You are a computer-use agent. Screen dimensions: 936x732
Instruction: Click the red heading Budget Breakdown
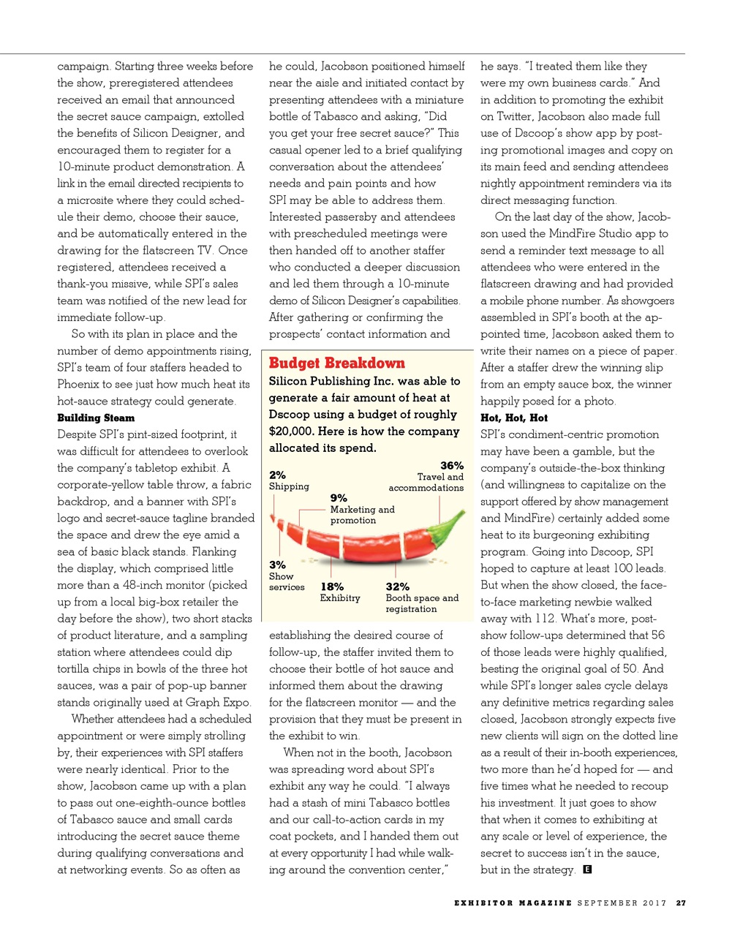(336, 363)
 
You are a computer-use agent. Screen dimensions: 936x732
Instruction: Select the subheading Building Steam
(96, 418)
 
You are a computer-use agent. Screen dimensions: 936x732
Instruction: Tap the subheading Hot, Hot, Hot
(513, 418)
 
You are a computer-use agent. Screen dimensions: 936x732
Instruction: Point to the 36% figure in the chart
(451, 466)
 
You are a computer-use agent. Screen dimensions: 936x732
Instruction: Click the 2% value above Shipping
(277, 475)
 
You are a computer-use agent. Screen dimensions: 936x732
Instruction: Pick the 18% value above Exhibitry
(332, 587)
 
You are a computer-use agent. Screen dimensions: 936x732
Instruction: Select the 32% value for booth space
(397, 587)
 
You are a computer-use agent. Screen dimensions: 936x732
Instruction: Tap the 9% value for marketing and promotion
(339, 498)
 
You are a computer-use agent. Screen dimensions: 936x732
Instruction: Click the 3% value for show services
(277, 565)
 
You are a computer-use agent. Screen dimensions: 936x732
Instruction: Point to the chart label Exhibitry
(340, 598)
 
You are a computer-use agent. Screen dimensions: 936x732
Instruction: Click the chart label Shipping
(289, 487)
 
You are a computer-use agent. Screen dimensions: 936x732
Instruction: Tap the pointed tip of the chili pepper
(273, 518)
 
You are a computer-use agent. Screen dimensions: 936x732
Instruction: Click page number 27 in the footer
(681, 903)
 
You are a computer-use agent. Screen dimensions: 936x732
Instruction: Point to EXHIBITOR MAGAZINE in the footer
(513, 903)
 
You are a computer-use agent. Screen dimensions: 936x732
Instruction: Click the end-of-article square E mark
(586, 869)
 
